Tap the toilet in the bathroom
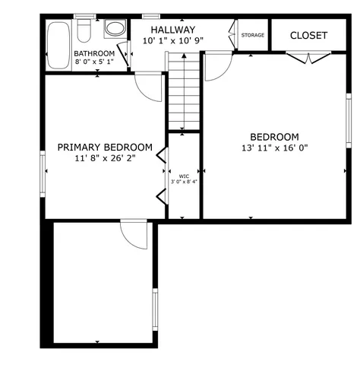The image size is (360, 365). click(86, 30)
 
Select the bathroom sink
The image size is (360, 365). click(115, 29)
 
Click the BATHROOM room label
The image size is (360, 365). click(94, 53)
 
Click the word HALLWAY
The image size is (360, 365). click(173, 30)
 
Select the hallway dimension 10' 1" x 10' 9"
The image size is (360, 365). click(173, 41)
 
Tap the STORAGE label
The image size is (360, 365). click(253, 35)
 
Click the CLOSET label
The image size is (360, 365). click(308, 36)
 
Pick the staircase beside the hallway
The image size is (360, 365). click(183, 96)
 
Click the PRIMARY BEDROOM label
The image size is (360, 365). click(105, 148)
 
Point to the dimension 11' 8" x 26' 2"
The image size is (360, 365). click(105, 159)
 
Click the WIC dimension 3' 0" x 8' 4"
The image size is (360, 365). click(183, 182)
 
